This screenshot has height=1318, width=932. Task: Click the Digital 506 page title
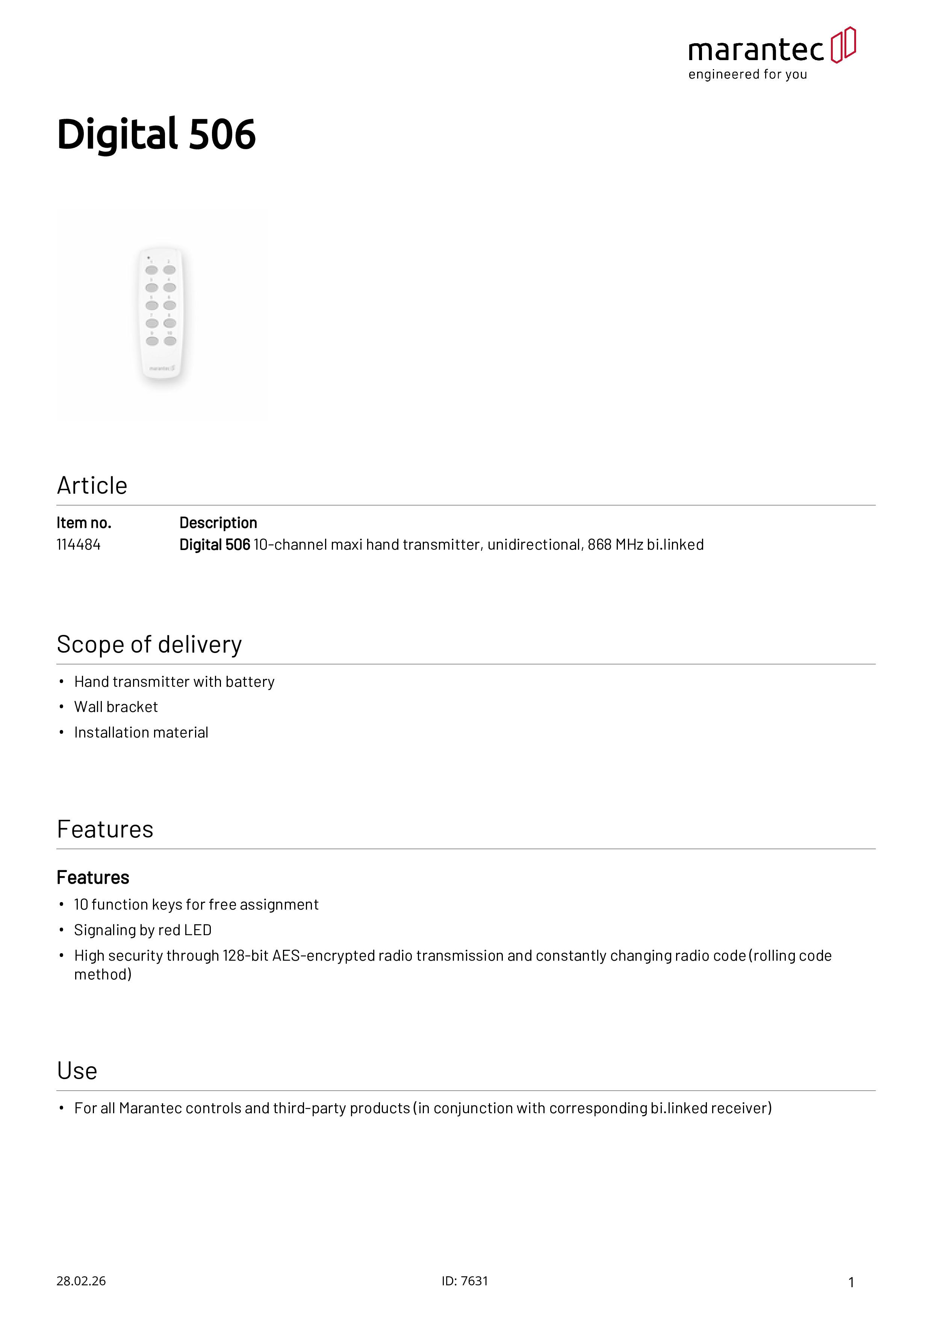tap(156, 135)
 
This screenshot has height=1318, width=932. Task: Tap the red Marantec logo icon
tap(843, 45)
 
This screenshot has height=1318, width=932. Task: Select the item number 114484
tap(79, 545)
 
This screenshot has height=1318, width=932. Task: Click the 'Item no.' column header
tap(84, 523)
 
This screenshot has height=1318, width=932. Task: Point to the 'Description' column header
tap(218, 523)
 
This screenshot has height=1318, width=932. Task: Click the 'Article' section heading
tap(92, 486)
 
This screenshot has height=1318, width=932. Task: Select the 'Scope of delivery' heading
tap(149, 645)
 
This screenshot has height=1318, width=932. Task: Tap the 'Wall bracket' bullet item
tap(116, 707)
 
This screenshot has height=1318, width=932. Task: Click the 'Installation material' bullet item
tap(141, 733)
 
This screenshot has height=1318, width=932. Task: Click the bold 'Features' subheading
tap(93, 878)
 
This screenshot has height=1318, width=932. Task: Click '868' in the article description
tap(599, 545)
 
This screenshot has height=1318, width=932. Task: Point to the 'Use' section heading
tap(77, 1071)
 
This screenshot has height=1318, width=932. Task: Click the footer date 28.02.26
tap(81, 1281)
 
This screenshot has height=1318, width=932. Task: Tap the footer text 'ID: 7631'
tap(464, 1281)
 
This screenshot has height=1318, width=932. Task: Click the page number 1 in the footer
tap(851, 1282)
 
